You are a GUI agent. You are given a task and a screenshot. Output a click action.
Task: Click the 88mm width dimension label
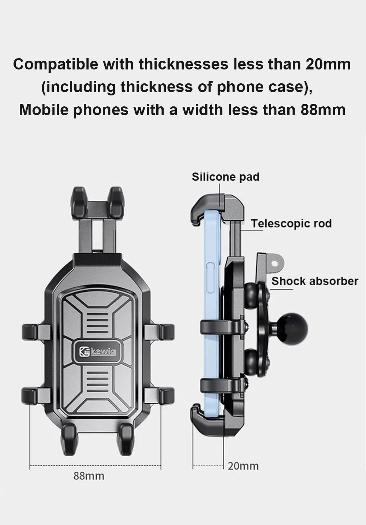tap(89, 476)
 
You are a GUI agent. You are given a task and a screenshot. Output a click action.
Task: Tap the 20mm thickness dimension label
tap(243, 466)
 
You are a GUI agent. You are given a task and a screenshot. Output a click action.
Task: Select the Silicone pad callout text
tap(225, 177)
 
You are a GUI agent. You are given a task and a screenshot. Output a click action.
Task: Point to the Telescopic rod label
tap(291, 223)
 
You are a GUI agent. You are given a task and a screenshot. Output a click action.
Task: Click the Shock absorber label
tap(315, 281)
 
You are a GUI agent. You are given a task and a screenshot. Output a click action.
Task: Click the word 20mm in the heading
tap(328, 64)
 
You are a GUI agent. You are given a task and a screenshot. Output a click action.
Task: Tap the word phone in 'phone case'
tap(236, 87)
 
